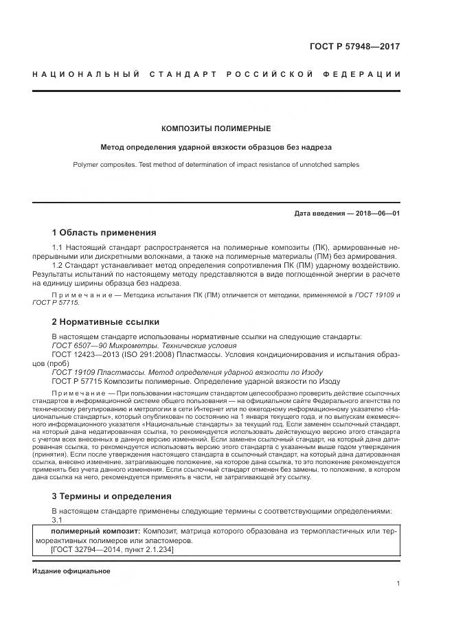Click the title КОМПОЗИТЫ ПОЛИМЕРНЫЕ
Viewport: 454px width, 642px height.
[216, 128]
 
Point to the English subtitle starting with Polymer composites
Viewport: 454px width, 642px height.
[216, 165]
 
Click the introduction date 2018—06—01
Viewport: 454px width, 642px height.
[376, 214]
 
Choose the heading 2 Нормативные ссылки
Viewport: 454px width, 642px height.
[105, 321]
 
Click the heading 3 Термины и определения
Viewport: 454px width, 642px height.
[112, 496]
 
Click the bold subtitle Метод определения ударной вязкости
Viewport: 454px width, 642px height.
[216, 147]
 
